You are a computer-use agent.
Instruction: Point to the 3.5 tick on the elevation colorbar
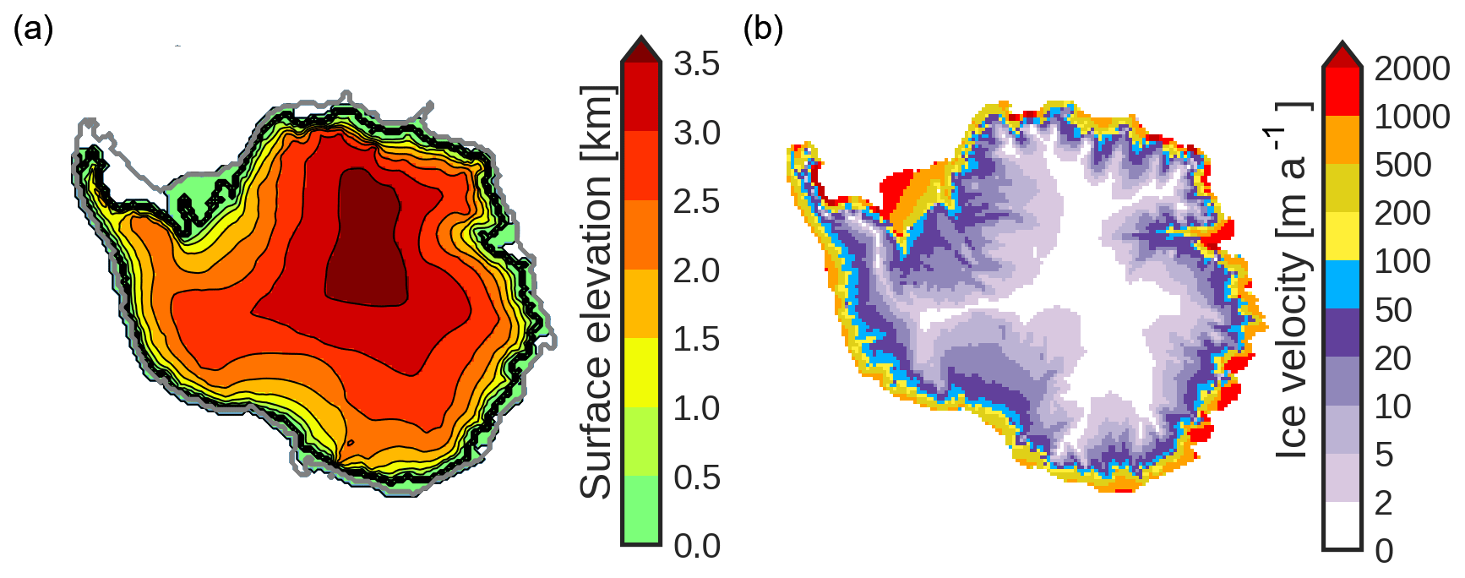click(696, 63)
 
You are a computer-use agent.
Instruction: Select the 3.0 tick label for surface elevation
click(696, 133)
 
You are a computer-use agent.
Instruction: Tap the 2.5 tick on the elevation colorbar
click(696, 201)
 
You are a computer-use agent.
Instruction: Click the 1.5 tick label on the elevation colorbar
click(696, 339)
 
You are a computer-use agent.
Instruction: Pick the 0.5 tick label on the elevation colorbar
click(696, 477)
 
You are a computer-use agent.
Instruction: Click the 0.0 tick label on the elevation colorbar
click(696, 546)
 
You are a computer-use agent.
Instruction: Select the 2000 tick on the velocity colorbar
click(1412, 68)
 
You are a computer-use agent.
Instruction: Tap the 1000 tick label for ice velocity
click(1412, 117)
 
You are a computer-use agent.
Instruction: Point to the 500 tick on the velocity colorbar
click(1402, 165)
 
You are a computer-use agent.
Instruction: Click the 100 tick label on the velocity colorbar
click(1402, 261)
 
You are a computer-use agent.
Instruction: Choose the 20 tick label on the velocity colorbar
click(1393, 358)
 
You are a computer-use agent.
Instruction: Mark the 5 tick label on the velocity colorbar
click(1384, 455)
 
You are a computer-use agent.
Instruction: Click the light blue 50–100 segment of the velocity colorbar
click(1342, 285)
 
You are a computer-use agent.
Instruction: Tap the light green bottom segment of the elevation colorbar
click(641, 510)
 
